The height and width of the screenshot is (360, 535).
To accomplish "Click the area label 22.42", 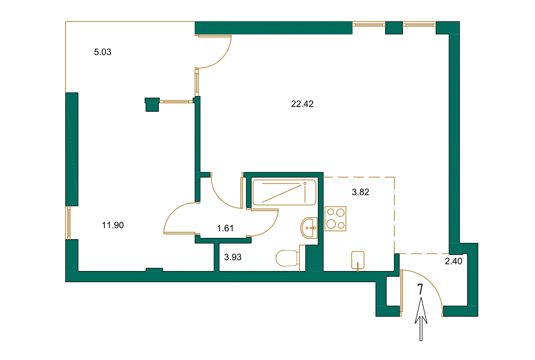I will tap(302, 104).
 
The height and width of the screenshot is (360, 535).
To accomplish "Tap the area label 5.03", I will tap(103, 52).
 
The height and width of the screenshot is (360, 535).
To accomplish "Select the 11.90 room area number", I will tap(113, 225).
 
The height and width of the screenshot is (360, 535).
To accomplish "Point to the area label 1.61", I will tap(226, 228).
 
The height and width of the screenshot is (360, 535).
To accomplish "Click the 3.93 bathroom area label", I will tap(233, 257).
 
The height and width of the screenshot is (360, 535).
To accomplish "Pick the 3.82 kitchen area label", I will tap(360, 192).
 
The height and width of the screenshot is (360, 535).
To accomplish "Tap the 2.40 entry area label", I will tap(453, 261).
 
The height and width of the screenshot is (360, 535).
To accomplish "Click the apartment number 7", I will tap(420, 290).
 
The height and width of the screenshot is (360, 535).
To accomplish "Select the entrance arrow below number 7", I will tap(421, 321).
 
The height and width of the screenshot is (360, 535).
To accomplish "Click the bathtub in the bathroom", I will tap(284, 192).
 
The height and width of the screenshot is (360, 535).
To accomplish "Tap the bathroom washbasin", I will tap(309, 228).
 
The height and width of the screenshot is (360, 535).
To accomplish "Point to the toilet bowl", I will tap(287, 258).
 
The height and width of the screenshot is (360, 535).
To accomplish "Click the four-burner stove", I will tap(335, 218).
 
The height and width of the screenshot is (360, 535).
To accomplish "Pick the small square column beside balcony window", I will tap(152, 104).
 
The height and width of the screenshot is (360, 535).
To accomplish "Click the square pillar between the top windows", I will tap(394, 28).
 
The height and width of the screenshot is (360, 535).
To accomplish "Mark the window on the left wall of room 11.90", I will tap(68, 222).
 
